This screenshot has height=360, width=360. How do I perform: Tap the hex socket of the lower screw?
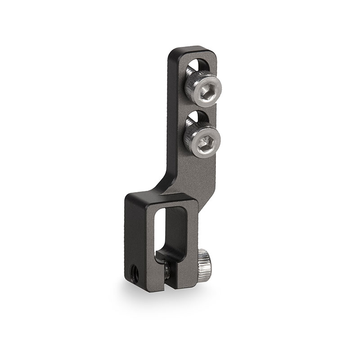tap(205, 140)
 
